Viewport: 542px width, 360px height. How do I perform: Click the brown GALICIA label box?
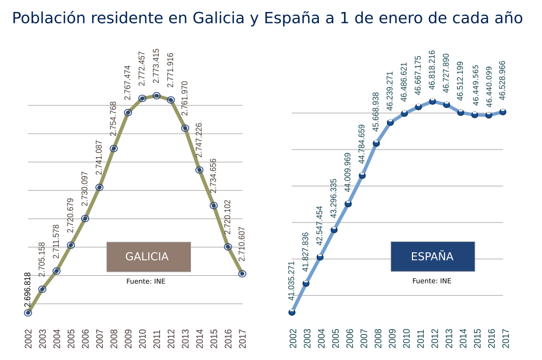pyautogui.click(x=149, y=257)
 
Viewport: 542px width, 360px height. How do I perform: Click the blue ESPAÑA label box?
pyautogui.click(x=433, y=257)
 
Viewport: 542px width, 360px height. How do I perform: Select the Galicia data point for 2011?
pyautogui.click(x=156, y=96)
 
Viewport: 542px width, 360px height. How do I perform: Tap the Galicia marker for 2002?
pyautogui.click(x=28, y=313)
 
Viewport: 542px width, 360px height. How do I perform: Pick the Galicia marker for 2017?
pyautogui.click(x=242, y=274)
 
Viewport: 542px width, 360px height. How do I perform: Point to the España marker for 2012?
pyautogui.click(x=433, y=101)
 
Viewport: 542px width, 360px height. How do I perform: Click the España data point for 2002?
pyautogui.click(x=292, y=312)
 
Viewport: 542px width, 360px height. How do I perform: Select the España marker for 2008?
pyautogui.click(x=376, y=143)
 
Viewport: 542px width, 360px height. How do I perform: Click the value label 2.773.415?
pyautogui.click(x=156, y=66)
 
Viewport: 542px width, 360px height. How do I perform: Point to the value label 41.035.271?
pyautogui.click(x=291, y=281)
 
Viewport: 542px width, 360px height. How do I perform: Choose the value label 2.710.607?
pyautogui.click(x=242, y=245)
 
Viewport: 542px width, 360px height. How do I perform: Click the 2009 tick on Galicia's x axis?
pyautogui.click(x=128, y=338)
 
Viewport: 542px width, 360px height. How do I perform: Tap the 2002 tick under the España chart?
pyautogui.click(x=292, y=338)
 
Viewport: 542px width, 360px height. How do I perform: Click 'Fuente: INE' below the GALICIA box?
pyautogui.click(x=146, y=282)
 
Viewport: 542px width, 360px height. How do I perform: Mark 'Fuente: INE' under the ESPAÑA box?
pyautogui.click(x=432, y=281)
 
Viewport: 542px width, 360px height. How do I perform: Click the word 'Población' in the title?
pyautogui.click(x=47, y=18)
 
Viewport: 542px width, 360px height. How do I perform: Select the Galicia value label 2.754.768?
pyautogui.click(x=113, y=119)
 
